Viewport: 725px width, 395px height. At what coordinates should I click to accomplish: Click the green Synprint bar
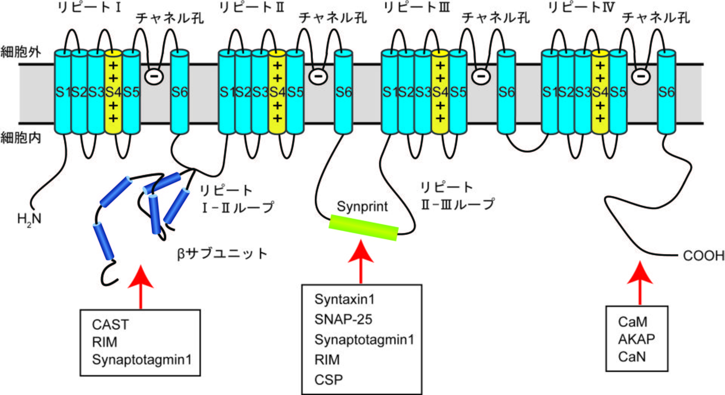point(363,227)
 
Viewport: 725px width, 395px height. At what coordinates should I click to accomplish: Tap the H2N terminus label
point(29,219)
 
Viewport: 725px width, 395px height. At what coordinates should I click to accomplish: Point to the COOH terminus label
point(703,256)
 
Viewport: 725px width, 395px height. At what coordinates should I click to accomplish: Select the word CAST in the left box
point(110,325)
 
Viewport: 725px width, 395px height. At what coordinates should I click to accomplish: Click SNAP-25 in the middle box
point(343,320)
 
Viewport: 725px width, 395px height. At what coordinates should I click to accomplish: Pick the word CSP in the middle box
point(329,380)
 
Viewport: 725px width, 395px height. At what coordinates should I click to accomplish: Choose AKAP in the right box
point(636,339)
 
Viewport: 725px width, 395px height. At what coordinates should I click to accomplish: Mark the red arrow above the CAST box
point(141,287)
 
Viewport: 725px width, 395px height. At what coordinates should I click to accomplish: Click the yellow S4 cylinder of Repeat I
point(113,92)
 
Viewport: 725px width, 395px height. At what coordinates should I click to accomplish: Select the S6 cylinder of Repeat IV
point(666,92)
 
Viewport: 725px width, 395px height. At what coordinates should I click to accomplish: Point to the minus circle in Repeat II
point(318,77)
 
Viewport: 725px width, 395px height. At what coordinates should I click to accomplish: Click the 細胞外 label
point(21,52)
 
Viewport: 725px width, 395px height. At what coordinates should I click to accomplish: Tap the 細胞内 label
point(21,138)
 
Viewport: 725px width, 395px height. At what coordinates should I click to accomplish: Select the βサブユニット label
point(222,254)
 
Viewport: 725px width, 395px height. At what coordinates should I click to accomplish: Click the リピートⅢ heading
point(416,7)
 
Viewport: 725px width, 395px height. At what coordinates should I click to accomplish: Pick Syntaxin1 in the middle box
point(344,300)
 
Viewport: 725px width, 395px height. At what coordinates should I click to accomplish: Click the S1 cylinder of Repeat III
point(389,92)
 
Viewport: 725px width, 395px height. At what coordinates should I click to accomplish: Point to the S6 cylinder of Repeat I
point(179,92)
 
